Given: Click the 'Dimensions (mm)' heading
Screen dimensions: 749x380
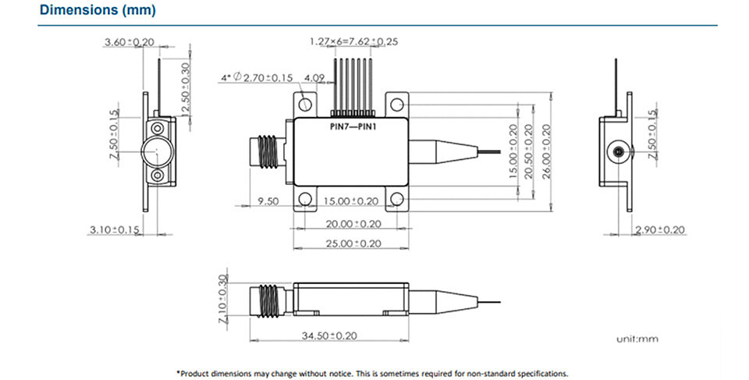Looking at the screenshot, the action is [98, 9].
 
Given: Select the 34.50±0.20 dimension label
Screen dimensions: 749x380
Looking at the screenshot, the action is [329, 336].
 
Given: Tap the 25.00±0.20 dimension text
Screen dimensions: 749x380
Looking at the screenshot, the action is [353, 243].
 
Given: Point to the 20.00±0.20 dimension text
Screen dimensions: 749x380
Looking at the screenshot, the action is [353, 224].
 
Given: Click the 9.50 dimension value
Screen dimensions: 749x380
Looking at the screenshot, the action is [268, 201].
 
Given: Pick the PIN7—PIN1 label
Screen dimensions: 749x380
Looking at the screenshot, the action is [353, 127].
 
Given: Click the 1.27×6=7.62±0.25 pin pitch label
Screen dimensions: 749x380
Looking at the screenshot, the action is [354, 41].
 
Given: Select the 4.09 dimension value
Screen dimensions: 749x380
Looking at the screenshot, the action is [314, 78].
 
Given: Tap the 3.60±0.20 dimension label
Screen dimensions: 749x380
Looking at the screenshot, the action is [130, 42].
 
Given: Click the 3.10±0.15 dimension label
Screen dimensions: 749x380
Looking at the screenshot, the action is [115, 230].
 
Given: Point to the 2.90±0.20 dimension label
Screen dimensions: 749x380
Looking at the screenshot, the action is [660, 230].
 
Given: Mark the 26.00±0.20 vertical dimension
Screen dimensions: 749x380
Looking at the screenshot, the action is [546, 151].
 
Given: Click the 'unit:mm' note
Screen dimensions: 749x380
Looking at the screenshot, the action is [637, 339].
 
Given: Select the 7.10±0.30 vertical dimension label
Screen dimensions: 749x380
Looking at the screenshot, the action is [222, 299].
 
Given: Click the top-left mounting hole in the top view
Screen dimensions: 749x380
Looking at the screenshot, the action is [305, 104].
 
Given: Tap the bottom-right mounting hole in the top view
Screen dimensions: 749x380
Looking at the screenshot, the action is [396, 199].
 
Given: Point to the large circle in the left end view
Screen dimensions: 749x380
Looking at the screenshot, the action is [157, 151].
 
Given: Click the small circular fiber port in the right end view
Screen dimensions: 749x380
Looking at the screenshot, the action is [617, 152].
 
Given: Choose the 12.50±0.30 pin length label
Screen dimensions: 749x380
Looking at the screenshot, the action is [186, 87].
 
